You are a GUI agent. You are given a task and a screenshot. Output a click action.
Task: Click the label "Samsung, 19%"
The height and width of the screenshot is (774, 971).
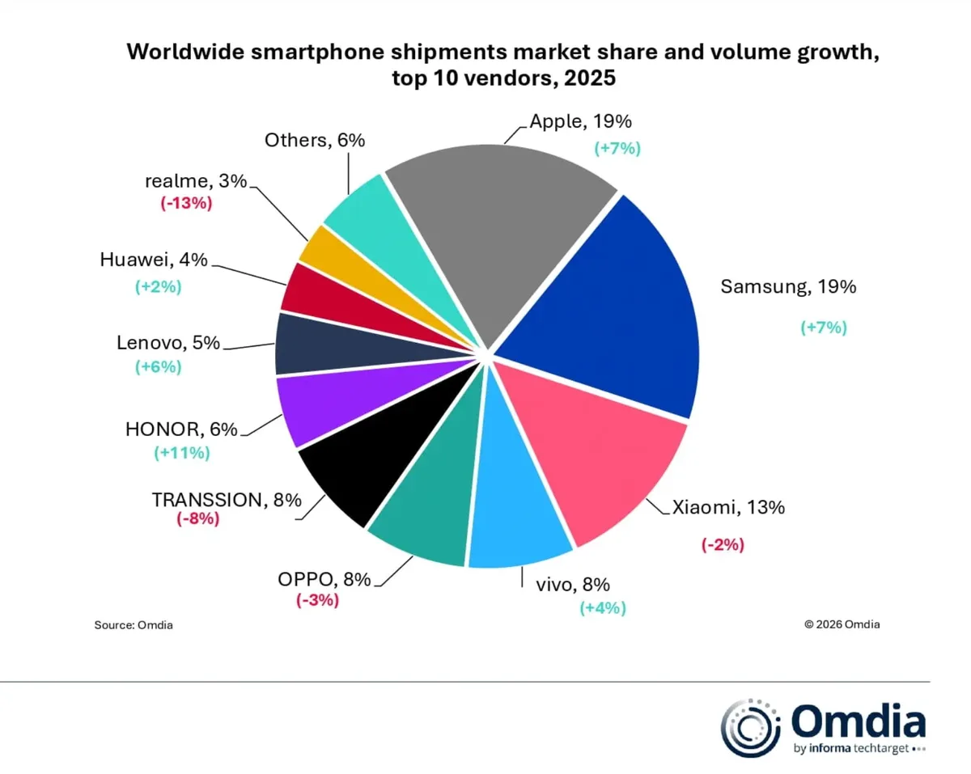(x=787, y=286)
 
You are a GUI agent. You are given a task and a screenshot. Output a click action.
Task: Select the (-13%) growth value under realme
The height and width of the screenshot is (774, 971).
(x=186, y=204)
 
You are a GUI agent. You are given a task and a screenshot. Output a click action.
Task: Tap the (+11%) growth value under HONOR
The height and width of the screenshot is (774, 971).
(x=182, y=453)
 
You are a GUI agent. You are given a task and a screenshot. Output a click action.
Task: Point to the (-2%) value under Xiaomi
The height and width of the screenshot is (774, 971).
(x=722, y=544)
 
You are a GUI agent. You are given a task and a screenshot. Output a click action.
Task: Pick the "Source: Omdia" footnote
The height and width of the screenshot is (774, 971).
(x=134, y=624)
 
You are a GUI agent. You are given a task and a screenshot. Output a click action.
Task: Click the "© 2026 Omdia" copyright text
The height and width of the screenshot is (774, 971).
(x=842, y=624)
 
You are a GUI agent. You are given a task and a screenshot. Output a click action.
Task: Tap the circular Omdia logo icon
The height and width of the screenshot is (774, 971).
(x=748, y=725)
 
